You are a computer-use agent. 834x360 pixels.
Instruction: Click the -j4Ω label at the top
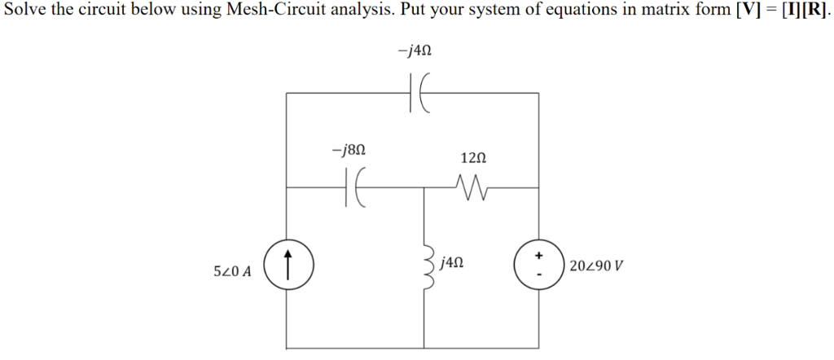tap(415, 50)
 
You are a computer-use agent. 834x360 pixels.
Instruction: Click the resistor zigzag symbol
tap(473, 188)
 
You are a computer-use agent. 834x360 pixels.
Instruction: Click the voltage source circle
tap(538, 266)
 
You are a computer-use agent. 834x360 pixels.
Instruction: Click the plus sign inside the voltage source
tap(538, 255)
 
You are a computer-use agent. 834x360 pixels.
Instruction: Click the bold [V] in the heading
tap(748, 14)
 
